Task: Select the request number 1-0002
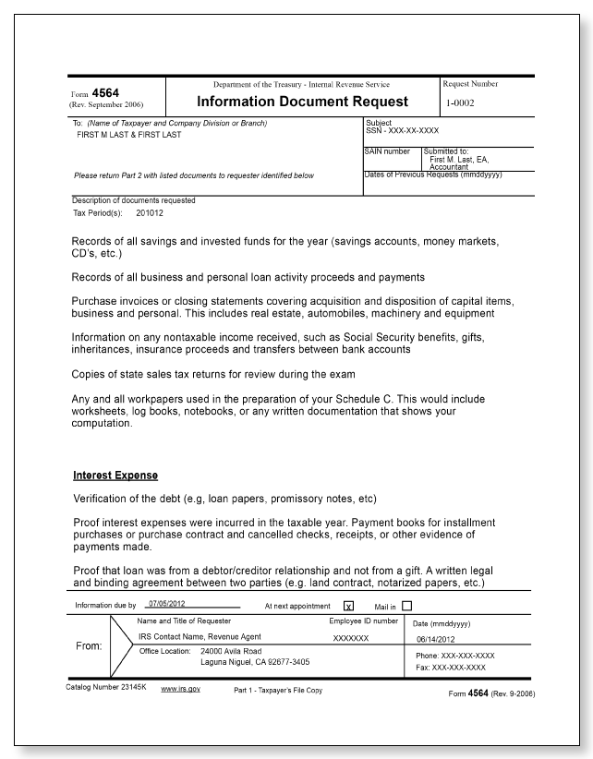click(x=459, y=102)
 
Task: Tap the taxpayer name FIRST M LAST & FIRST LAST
click(x=128, y=135)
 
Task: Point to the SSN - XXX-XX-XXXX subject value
click(x=402, y=130)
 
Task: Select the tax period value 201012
click(x=150, y=211)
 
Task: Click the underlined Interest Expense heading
click(x=115, y=476)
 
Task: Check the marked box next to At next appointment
click(x=348, y=607)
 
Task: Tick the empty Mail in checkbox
click(x=406, y=606)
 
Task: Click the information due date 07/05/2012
click(x=167, y=606)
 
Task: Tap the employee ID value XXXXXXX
click(x=351, y=638)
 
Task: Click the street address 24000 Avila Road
click(x=236, y=651)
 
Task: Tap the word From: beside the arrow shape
click(x=90, y=647)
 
